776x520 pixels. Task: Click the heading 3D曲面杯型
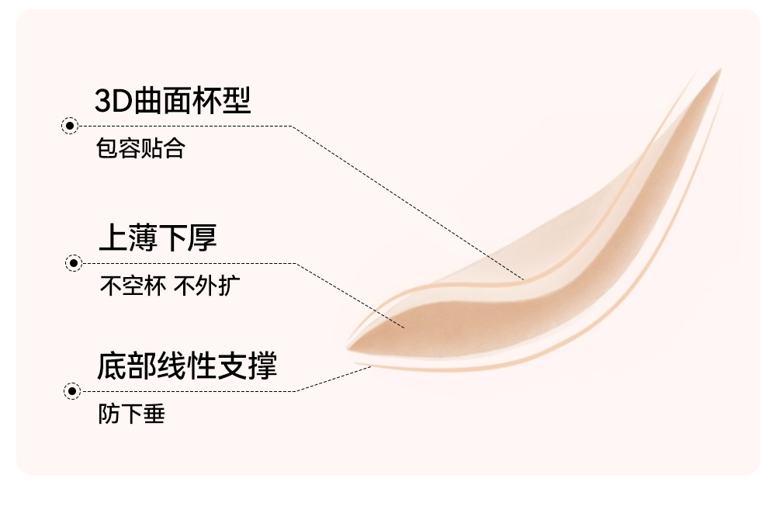(x=172, y=101)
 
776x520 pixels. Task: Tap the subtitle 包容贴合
(x=140, y=148)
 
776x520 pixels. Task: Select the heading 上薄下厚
(x=158, y=238)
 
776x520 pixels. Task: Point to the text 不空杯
(x=132, y=286)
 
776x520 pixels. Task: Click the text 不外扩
(x=206, y=286)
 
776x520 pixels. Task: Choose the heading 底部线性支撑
(x=186, y=366)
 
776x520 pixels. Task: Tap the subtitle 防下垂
(x=131, y=414)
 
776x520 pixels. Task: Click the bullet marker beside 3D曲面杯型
(x=69, y=126)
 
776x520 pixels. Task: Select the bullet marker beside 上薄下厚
(x=74, y=263)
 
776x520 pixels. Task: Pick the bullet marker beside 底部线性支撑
(x=72, y=390)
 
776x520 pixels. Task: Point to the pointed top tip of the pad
(x=719, y=71)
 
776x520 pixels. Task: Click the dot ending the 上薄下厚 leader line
(x=403, y=327)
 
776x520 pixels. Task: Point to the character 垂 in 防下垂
(x=154, y=414)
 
